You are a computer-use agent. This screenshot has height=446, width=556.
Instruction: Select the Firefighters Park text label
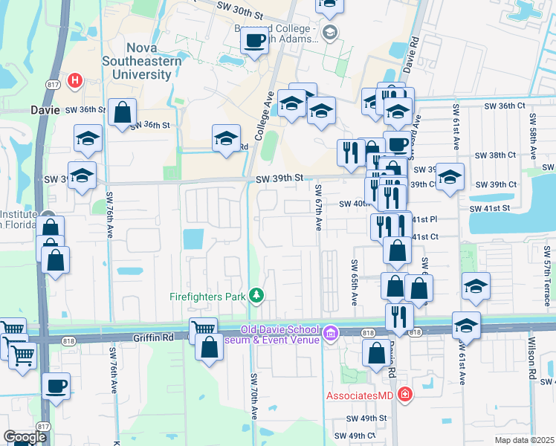click(x=207, y=297)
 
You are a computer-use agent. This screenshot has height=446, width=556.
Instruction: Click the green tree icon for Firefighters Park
click(x=257, y=297)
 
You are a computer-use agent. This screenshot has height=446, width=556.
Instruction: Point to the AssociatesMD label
click(x=359, y=395)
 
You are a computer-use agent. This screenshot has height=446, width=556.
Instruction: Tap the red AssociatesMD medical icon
click(x=405, y=394)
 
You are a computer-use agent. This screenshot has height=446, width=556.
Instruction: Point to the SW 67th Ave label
click(x=318, y=207)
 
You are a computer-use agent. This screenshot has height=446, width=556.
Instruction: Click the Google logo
click(x=24, y=437)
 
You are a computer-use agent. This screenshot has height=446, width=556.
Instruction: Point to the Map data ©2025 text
click(x=524, y=441)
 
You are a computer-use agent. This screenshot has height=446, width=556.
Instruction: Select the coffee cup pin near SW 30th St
click(x=254, y=42)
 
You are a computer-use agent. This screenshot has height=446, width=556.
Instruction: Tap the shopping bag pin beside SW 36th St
click(x=123, y=114)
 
